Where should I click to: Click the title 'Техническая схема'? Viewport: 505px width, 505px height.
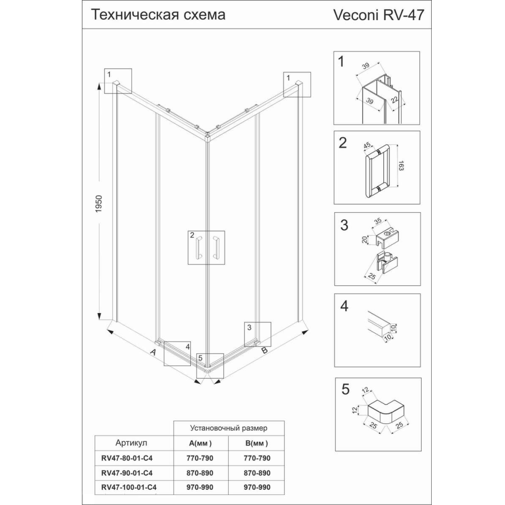tap(158, 15)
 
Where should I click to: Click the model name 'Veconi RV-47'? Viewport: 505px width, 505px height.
tap(378, 15)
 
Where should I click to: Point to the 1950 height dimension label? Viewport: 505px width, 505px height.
tap(98, 204)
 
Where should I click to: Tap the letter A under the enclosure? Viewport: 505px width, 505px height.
tap(154, 352)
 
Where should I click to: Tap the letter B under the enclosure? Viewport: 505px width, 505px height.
tap(265, 350)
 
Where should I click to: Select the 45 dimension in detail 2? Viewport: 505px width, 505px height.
tap(367, 145)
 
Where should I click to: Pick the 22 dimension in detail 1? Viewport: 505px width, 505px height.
tap(395, 99)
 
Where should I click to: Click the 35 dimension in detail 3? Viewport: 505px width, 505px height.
tap(378, 221)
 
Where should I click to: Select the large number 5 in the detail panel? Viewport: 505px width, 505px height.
tap(345, 389)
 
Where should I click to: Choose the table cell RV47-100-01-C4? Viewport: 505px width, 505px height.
tap(129, 487)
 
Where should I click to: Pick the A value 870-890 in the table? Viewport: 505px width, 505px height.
tap(199, 473)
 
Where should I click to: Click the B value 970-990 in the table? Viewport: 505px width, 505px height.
tap(257, 487)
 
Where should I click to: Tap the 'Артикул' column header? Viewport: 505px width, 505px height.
tap(131, 443)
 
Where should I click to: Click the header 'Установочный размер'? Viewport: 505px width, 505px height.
tap(229, 428)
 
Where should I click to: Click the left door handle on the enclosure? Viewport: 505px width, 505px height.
tap(198, 247)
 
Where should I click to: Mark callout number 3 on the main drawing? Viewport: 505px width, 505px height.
tap(249, 328)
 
